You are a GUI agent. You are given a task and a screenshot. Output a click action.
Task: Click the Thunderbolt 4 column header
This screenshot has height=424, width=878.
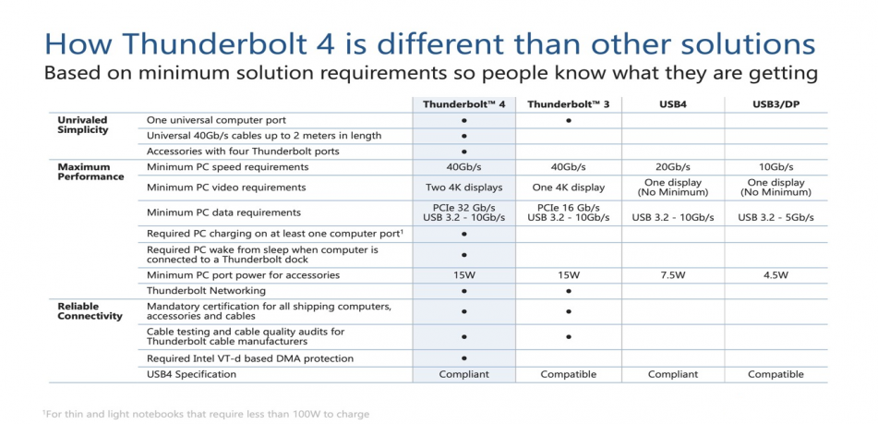(x=464, y=104)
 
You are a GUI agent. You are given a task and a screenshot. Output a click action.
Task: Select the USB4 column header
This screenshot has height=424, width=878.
(x=672, y=104)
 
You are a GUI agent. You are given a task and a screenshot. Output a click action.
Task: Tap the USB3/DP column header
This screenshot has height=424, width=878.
(x=776, y=104)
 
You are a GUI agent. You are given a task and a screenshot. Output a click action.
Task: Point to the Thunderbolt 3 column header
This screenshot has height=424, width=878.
(x=569, y=104)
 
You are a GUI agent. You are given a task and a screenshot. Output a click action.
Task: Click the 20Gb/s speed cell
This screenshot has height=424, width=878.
(x=672, y=167)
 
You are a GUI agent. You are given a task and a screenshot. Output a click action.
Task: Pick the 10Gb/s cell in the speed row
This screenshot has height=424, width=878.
(x=776, y=167)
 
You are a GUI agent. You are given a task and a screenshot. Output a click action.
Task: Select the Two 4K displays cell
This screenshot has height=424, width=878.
(x=464, y=188)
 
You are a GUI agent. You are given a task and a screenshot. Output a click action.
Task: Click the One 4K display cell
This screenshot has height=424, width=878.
(x=569, y=188)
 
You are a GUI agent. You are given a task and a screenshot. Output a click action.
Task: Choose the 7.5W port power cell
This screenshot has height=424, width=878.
(x=672, y=275)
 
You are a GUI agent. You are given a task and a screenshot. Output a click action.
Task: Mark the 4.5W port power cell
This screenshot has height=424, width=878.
(x=776, y=275)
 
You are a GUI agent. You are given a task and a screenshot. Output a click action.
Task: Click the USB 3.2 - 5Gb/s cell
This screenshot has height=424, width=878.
(x=776, y=217)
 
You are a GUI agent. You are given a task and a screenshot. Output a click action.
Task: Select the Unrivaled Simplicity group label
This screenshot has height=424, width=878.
(x=82, y=125)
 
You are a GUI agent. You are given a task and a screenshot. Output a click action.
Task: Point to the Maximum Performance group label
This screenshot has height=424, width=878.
(x=90, y=172)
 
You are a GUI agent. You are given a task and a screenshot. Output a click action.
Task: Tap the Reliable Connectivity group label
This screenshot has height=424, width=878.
(x=90, y=311)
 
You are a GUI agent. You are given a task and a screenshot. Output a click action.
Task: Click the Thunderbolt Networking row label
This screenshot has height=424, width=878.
(x=206, y=291)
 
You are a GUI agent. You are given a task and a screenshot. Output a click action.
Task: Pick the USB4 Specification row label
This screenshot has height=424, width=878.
(x=191, y=374)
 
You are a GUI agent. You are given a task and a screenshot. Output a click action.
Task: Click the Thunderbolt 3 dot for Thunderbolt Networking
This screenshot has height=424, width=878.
(x=569, y=291)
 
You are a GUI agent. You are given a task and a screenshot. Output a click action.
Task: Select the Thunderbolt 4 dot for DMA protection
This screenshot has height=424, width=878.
(x=464, y=358)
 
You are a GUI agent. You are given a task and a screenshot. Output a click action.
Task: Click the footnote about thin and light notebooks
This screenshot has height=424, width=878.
(x=206, y=415)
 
